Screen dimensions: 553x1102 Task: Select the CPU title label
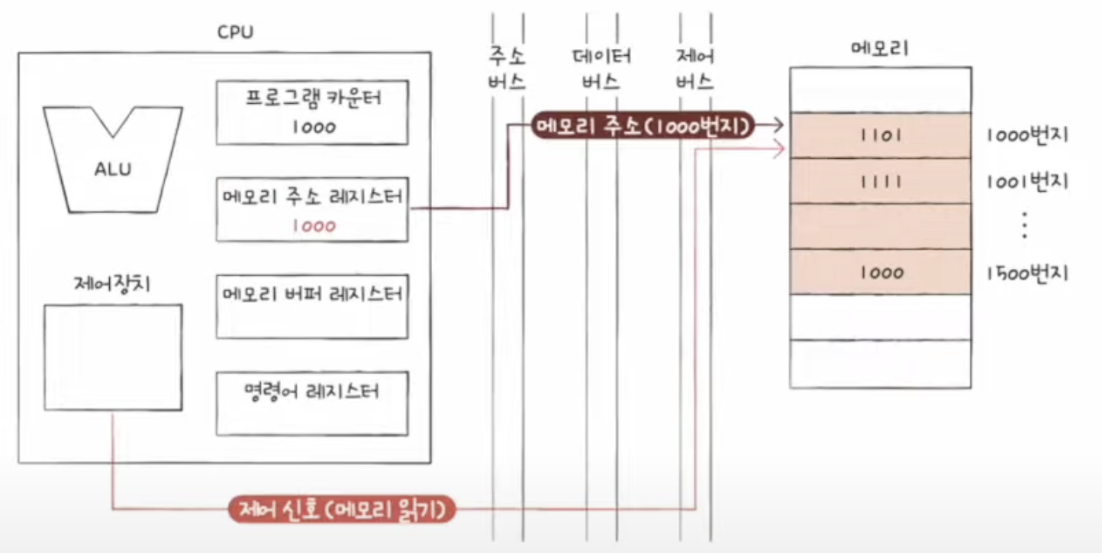pos(235,33)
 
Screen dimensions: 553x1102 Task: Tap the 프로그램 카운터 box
pos(312,112)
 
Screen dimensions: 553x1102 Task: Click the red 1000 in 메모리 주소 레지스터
pos(313,226)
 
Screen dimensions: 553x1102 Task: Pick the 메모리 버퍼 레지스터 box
pos(312,306)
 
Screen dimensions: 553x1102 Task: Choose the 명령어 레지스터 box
pos(312,403)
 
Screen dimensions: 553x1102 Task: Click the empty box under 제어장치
pos(113,357)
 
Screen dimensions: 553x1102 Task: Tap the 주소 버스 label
pos(507,70)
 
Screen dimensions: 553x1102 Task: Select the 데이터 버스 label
pos(601,70)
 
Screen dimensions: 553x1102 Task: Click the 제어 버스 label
pos(694,70)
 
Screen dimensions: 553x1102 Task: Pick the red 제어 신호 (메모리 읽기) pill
pos(343,509)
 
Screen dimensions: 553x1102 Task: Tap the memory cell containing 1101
pos(880,136)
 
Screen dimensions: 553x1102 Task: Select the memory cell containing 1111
pos(880,181)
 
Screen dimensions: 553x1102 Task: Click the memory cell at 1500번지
pos(880,272)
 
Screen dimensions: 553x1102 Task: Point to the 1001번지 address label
pos(1026,181)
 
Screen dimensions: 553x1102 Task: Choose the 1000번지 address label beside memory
pos(1026,136)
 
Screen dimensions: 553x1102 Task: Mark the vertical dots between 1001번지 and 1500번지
pos(1024,226)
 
